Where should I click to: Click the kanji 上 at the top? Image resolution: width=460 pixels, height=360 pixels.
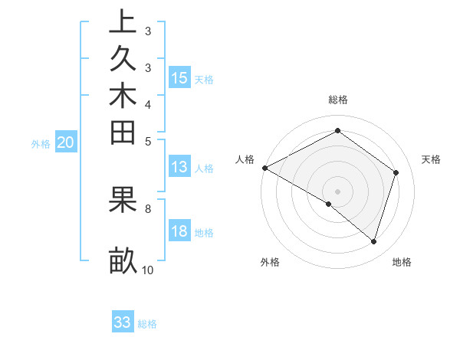point(123,21)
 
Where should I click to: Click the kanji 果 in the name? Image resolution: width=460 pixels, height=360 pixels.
point(123,199)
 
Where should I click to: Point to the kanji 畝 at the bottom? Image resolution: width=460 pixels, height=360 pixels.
point(123,260)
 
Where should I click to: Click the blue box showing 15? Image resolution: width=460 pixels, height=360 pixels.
point(179,77)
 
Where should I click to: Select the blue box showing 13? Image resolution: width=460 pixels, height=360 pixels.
point(179,168)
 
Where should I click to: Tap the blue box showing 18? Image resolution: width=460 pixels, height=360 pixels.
point(179,232)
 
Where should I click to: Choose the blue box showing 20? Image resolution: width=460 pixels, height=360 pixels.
point(66,142)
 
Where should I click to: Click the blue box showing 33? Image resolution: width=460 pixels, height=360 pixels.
point(123,322)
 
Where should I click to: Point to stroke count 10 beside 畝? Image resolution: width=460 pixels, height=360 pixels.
point(148,270)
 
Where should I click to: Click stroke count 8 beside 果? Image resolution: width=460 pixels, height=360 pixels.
point(148,208)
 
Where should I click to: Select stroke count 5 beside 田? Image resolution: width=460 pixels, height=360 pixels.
point(148,141)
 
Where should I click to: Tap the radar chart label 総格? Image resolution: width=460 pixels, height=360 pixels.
point(338,100)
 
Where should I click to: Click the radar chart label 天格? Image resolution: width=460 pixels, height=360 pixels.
point(431,159)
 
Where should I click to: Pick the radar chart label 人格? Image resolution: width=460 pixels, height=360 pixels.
point(245,159)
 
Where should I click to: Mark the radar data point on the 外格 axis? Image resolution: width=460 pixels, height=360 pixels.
point(329,204)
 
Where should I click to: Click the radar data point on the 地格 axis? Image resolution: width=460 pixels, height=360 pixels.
point(373,242)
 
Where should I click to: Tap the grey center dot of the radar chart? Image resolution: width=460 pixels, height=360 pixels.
point(338,191)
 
